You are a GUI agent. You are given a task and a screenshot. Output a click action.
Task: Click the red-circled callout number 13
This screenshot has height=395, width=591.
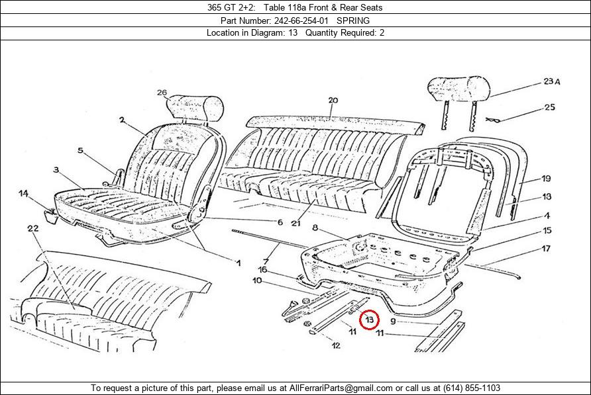point(369,320)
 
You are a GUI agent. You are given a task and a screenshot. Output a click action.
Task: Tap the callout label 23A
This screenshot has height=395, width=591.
point(551,81)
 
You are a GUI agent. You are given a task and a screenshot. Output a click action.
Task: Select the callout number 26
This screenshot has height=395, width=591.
point(162,92)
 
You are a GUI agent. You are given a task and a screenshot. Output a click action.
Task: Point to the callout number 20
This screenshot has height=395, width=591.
point(333,100)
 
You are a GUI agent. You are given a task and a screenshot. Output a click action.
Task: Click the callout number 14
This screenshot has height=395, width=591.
point(23,193)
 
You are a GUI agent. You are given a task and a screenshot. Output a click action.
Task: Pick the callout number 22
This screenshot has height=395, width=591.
point(33,228)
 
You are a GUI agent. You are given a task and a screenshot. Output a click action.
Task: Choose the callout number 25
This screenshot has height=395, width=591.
point(549,107)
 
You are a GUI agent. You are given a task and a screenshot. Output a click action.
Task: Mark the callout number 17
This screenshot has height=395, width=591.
point(546,249)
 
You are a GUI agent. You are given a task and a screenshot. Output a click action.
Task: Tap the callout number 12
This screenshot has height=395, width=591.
point(336,345)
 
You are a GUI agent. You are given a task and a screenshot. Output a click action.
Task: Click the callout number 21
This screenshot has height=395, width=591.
point(296,223)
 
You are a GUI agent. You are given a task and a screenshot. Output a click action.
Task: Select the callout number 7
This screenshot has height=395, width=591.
point(266,261)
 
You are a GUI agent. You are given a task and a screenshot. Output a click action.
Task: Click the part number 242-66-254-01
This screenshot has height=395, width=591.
point(301,21)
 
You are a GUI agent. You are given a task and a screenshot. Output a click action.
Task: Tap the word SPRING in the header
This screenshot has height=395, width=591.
point(353,21)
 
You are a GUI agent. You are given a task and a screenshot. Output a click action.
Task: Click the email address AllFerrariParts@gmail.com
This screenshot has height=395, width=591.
point(341,388)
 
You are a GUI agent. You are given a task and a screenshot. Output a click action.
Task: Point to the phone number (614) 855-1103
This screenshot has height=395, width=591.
point(472,388)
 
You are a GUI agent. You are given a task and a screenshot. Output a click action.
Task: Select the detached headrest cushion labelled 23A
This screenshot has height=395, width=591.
point(458,89)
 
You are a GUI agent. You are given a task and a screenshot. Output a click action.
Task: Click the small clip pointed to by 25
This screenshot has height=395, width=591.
point(493,120)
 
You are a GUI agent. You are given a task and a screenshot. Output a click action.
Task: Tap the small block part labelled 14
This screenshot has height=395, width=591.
point(51,216)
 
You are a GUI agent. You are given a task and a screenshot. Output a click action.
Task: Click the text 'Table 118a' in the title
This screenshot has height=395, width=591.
point(285,7)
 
